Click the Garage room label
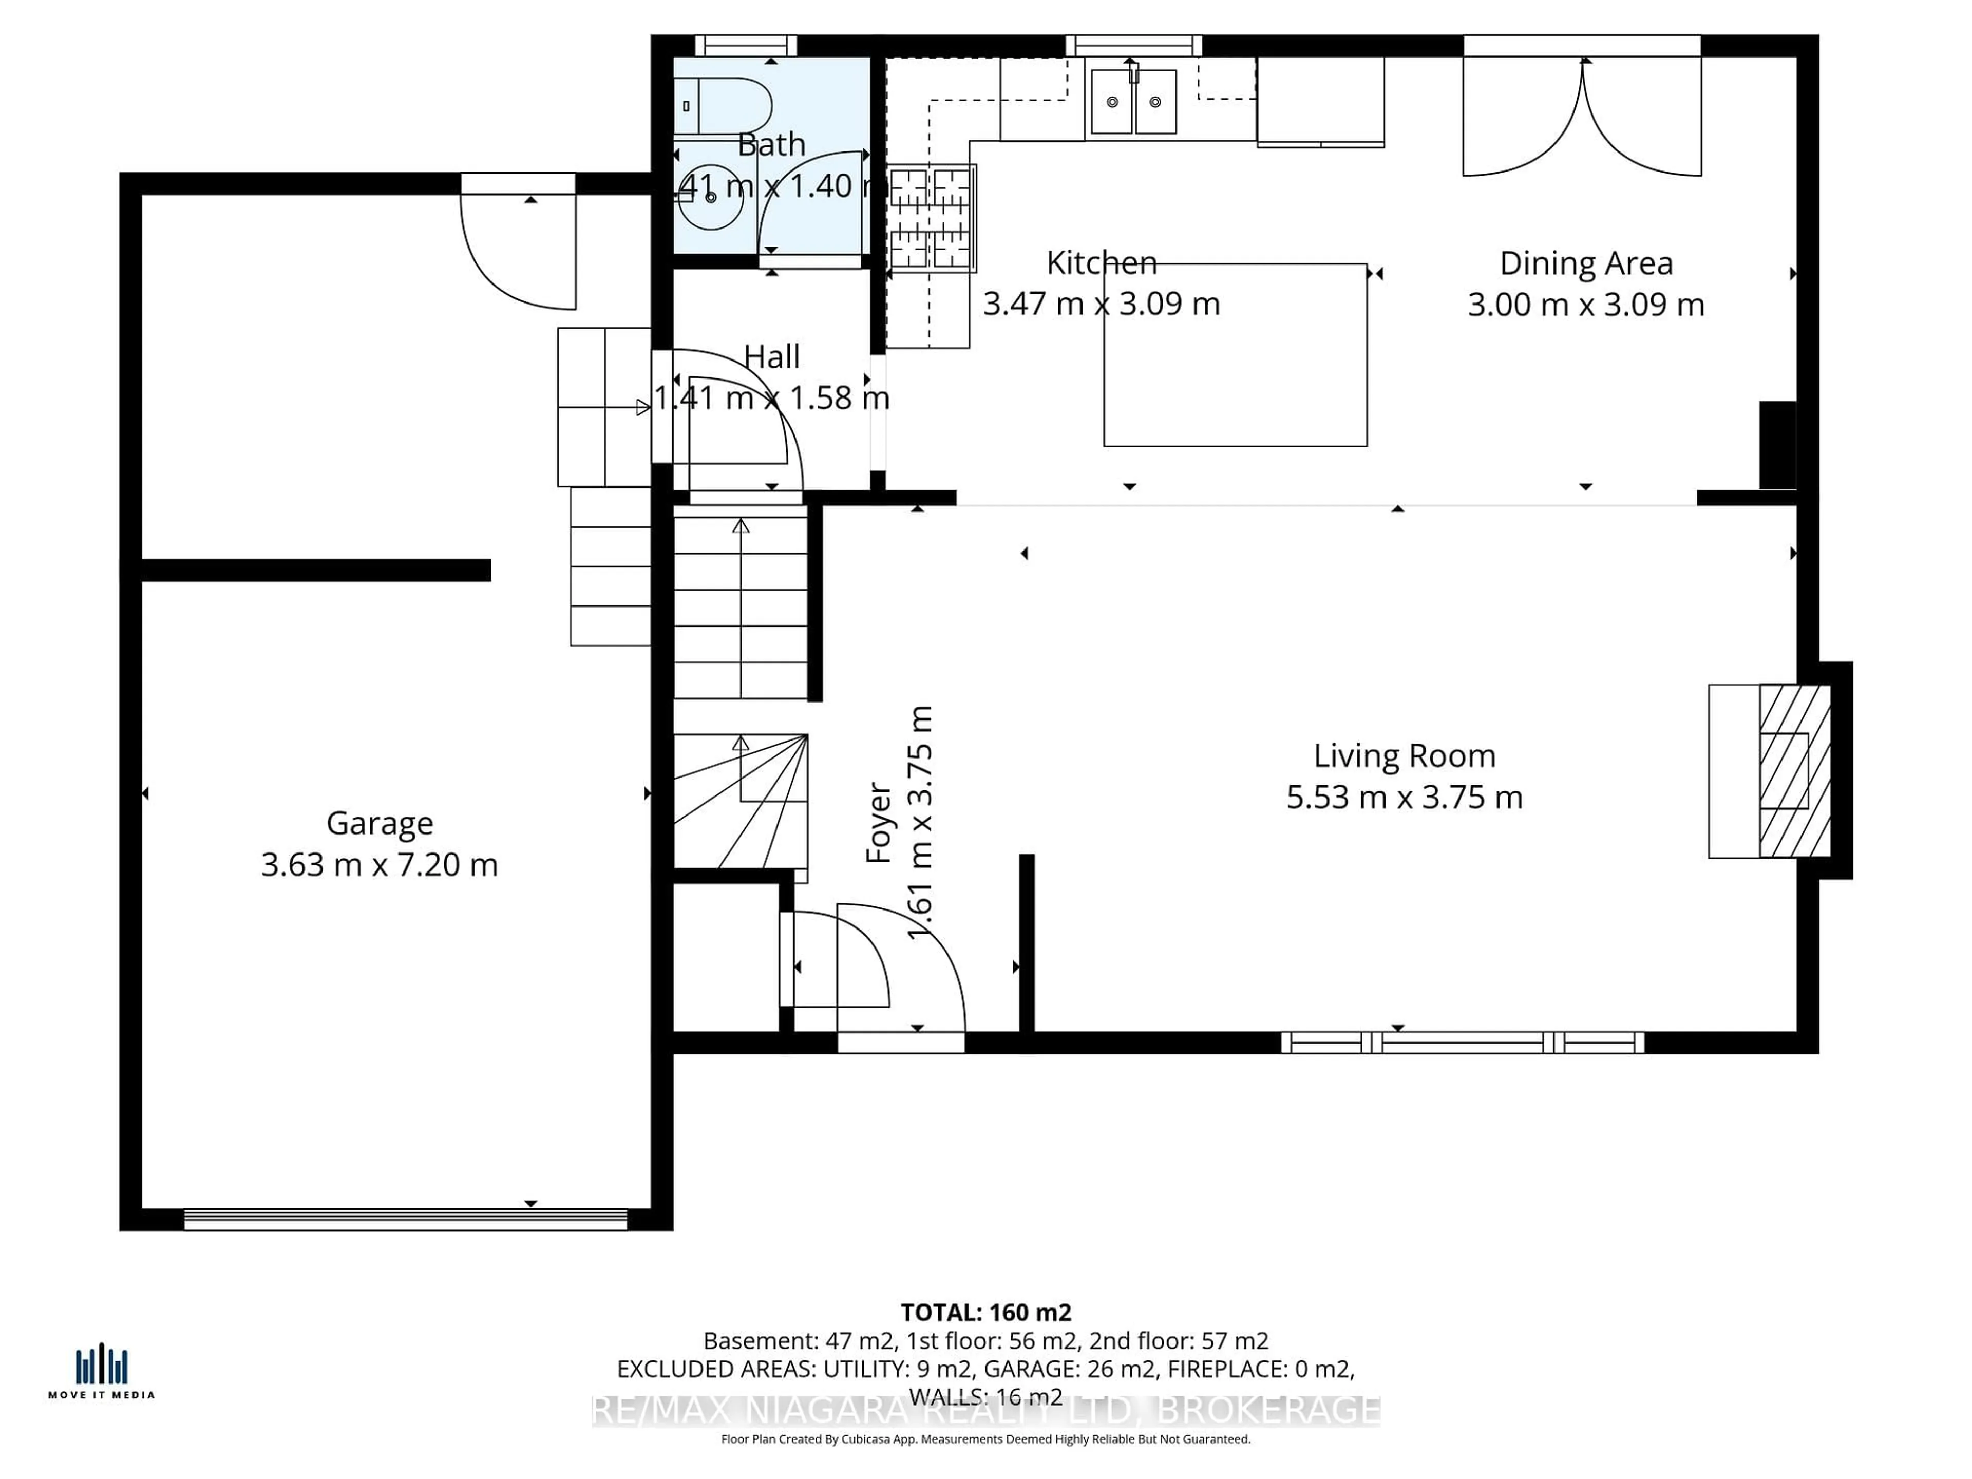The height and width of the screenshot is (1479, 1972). (380, 823)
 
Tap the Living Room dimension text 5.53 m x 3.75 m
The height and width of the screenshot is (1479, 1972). (1404, 797)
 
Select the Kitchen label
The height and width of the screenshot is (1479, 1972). (1101, 263)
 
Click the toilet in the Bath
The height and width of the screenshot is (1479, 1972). (722, 105)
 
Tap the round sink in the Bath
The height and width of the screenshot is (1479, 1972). (711, 197)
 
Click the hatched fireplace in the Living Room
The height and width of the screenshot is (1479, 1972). (1794, 771)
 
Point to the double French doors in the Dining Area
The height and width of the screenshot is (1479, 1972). (1582, 116)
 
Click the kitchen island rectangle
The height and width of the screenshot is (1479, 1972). (1235, 355)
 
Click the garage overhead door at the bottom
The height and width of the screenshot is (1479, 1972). (406, 1220)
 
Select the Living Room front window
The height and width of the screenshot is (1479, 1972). (1462, 1042)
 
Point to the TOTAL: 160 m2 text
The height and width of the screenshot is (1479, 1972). (985, 1312)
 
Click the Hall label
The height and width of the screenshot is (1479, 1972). (771, 356)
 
